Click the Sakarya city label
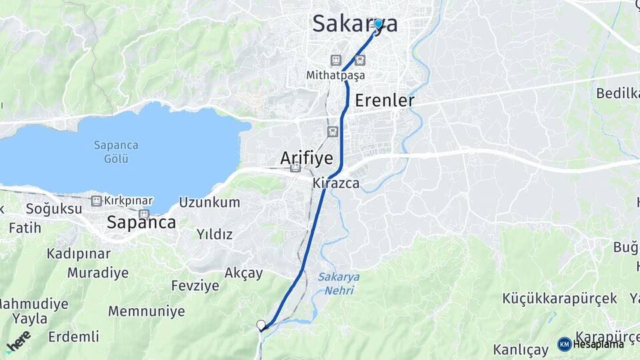(355, 24)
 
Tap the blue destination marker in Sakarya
(378, 24)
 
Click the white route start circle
(261, 325)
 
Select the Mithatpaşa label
(335, 75)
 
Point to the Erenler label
(385, 101)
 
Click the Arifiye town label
(307, 157)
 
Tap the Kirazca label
(336, 182)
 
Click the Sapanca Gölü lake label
(115, 152)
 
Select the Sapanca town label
(141, 223)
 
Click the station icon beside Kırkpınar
(97, 201)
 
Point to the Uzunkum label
(209, 203)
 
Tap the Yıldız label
(215, 234)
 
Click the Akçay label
(243, 273)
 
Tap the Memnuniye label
(146, 311)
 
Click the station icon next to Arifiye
(295, 167)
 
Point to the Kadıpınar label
(79, 253)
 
